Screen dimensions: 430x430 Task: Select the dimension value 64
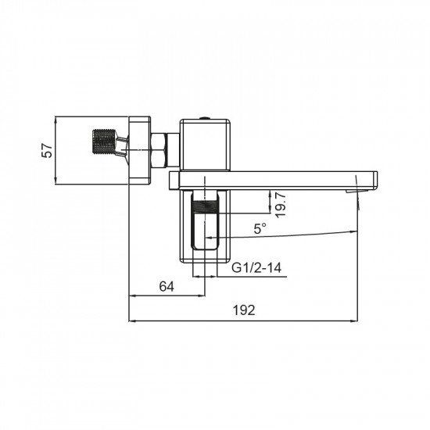(x=167, y=287)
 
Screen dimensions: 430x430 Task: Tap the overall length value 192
(x=244, y=310)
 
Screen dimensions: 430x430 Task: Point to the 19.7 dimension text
(x=281, y=204)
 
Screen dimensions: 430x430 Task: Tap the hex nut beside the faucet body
(x=159, y=149)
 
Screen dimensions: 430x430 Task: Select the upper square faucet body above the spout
(x=206, y=145)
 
